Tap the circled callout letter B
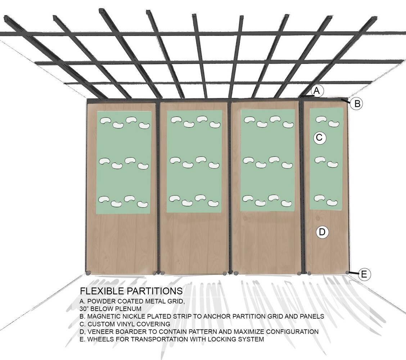click(x=357, y=104)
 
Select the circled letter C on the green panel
click(x=320, y=137)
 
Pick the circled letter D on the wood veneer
click(x=322, y=232)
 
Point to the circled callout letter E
click(x=364, y=274)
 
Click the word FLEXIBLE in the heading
click(x=102, y=291)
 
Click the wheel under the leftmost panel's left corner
click(x=88, y=273)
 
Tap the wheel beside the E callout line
click(x=347, y=272)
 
